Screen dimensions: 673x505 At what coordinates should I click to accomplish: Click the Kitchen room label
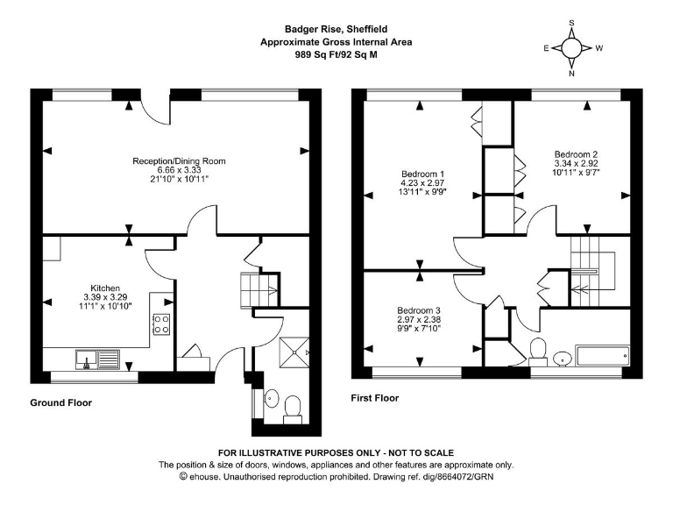pyautogui.click(x=105, y=288)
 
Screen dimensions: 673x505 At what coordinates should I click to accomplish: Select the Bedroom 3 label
pyautogui.click(x=419, y=310)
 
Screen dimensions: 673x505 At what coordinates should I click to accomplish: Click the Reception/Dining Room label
pyautogui.click(x=179, y=161)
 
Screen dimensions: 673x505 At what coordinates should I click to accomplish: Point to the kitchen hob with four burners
pyautogui.click(x=161, y=324)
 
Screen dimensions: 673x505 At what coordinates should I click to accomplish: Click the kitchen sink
pyautogui.click(x=97, y=359)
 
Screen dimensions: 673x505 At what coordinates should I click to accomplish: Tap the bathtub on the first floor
pyautogui.click(x=603, y=356)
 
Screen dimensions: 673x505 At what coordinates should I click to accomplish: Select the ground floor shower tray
pyautogui.click(x=294, y=352)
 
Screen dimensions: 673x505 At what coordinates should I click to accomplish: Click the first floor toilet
pyautogui.click(x=538, y=352)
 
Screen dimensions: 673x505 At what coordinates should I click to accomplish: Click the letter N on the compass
pyautogui.click(x=571, y=74)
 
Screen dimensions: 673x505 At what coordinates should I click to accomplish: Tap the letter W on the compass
pyautogui.click(x=599, y=48)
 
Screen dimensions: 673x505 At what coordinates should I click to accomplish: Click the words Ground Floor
pyautogui.click(x=61, y=402)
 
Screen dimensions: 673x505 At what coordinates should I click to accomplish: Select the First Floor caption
pyautogui.click(x=375, y=398)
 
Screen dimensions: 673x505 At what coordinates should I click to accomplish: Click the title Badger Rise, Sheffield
pyautogui.click(x=336, y=29)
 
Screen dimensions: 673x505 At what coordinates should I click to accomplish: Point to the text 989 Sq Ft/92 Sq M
pyautogui.click(x=336, y=54)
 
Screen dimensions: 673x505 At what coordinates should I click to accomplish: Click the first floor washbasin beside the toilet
pyautogui.click(x=562, y=359)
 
